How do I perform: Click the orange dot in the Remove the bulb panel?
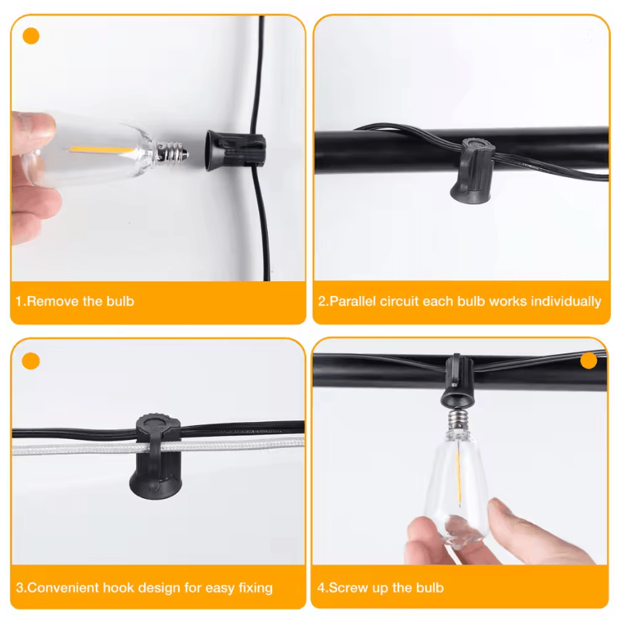coord(31,36)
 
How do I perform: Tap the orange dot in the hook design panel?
coord(31,361)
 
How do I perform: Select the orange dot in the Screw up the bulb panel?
coord(588,360)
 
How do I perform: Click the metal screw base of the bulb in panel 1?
coord(172,153)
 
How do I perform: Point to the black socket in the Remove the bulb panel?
coord(235,151)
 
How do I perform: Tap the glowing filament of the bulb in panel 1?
coord(102,151)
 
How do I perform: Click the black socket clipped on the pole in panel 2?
coord(472,170)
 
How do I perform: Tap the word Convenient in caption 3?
coord(63,587)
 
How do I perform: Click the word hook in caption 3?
coord(119,587)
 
